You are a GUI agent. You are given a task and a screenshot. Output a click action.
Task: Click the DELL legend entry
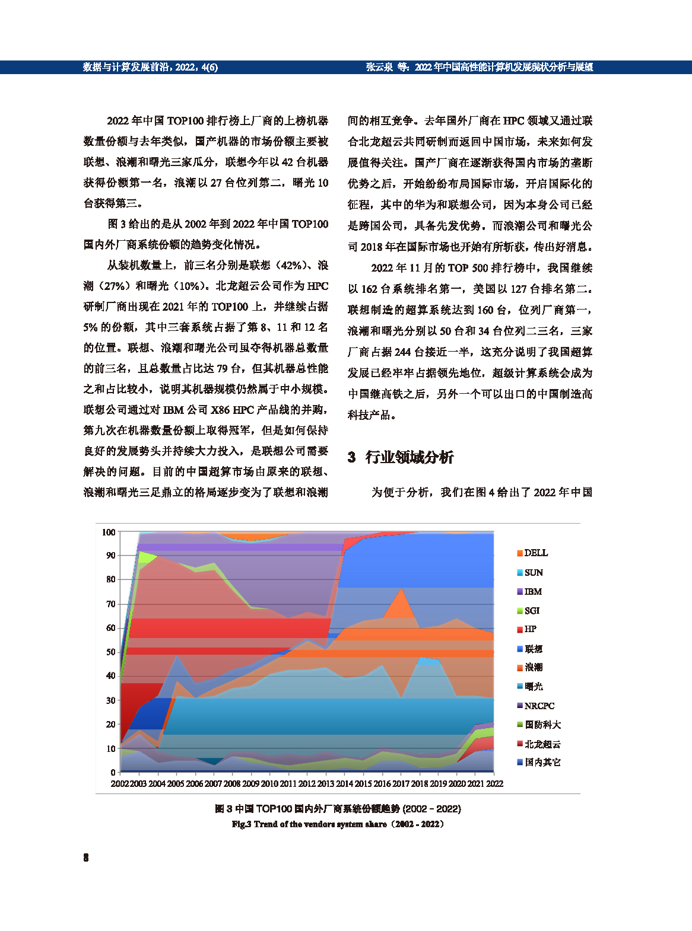point(532,553)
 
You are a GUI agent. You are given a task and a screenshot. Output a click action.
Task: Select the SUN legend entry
point(530,573)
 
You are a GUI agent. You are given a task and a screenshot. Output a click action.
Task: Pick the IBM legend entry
point(529,592)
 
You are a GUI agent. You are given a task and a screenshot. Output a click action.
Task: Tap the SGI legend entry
point(528,611)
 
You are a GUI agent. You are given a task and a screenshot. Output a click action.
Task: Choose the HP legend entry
point(526,629)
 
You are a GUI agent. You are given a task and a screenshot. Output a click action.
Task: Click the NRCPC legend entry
point(535,706)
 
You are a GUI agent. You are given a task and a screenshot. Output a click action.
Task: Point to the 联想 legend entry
point(530,649)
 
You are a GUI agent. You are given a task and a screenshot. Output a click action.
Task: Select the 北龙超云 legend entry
point(538,744)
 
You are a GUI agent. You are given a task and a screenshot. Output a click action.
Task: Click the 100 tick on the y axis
point(109,533)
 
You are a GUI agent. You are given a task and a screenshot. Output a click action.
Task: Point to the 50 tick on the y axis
point(110,652)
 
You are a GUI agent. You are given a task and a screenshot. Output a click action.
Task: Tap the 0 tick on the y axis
point(113,773)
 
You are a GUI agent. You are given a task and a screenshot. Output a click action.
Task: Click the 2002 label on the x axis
point(120,784)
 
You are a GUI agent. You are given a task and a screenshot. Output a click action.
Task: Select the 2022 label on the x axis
point(494,784)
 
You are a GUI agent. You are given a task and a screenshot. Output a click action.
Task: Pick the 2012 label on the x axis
point(307,784)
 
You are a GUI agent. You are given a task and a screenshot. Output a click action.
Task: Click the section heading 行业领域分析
point(410,457)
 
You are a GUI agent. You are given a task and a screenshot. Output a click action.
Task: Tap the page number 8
point(86,858)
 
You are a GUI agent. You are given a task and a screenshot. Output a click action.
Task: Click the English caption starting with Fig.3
point(338,824)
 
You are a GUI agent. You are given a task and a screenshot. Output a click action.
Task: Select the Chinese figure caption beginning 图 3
point(338,809)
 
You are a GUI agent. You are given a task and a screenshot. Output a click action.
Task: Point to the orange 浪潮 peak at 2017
point(401,589)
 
